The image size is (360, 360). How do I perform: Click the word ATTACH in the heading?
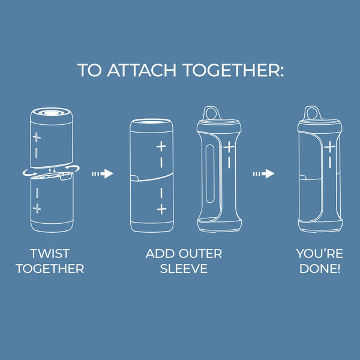pyautogui.click(x=142, y=70)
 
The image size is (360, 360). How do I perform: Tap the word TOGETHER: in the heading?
pyautogui.click(x=233, y=70)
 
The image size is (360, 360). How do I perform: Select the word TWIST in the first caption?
pyautogui.click(x=50, y=253)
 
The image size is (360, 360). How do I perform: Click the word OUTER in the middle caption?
pyautogui.click(x=200, y=253)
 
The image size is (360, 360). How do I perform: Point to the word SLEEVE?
pyautogui.click(x=184, y=268)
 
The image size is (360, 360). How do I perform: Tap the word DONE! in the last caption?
pyautogui.click(x=320, y=268)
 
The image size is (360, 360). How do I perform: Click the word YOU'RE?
pyautogui.click(x=320, y=253)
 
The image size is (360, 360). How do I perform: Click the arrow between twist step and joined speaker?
pyautogui.click(x=103, y=173)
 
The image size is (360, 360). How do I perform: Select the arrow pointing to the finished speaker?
pyautogui.click(x=264, y=173)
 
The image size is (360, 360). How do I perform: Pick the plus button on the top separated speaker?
pyautogui.click(x=37, y=137)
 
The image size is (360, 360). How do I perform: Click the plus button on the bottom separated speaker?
pyautogui.click(x=37, y=209)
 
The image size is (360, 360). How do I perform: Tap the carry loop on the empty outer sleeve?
pyautogui.click(x=211, y=113)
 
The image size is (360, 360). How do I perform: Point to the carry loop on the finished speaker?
pyautogui.click(x=311, y=113)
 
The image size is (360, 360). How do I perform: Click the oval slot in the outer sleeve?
pyautogui.click(x=210, y=173)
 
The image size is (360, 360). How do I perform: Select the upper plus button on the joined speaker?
pyautogui.click(x=161, y=146)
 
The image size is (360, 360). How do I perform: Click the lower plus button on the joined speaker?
pyautogui.click(x=161, y=209)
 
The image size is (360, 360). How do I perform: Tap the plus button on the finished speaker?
pyautogui.click(x=329, y=147)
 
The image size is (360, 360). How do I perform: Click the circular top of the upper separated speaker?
pyautogui.click(x=52, y=113)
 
